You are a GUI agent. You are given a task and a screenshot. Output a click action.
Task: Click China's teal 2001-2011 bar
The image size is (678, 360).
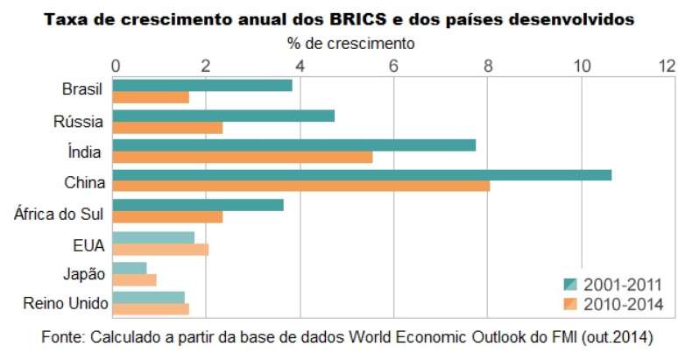[x=362, y=175]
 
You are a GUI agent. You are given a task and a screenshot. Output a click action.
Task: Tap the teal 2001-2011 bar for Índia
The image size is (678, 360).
[x=294, y=145]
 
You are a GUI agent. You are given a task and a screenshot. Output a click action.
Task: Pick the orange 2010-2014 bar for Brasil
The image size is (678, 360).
[x=151, y=97]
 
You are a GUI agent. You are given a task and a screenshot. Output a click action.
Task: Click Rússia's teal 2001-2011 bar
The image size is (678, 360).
[x=223, y=116]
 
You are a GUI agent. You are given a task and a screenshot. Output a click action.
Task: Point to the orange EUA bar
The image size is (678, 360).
[x=160, y=250]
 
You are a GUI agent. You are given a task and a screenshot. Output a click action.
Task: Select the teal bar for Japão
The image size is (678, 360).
[x=130, y=267]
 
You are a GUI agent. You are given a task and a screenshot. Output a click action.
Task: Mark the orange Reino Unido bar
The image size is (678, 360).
[x=151, y=309]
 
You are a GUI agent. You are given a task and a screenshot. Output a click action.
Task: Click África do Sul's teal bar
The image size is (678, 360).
[x=198, y=206]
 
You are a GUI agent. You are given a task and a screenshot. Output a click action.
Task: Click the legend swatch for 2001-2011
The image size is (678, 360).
[x=569, y=284]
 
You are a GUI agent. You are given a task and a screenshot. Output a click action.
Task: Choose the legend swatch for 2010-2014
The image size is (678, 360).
[x=569, y=304]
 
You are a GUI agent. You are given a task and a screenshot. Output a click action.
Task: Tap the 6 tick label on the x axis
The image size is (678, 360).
[x=393, y=65]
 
